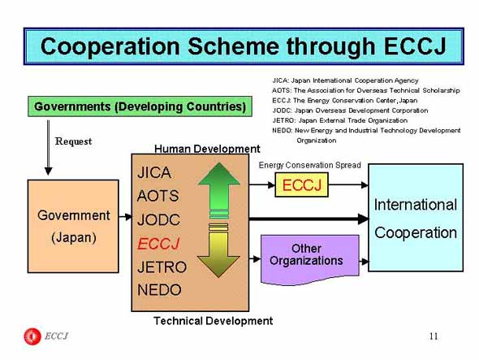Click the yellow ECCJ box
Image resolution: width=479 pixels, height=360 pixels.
click(301, 184)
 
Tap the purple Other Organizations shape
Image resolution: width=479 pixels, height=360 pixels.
click(310, 259)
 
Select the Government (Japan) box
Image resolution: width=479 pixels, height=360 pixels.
click(73, 226)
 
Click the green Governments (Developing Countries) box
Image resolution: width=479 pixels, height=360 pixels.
click(140, 106)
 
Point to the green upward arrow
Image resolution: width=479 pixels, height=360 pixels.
click(218, 190)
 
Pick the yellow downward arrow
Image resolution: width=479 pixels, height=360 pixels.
click(218, 251)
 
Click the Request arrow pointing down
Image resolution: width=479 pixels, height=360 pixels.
click(48, 148)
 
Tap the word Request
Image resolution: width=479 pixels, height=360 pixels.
click(73, 141)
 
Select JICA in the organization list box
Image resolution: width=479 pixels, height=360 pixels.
click(154, 172)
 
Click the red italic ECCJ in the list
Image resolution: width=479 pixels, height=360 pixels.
click(158, 244)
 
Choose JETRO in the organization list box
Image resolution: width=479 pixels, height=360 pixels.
click(162, 267)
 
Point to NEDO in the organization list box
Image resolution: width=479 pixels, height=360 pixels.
click(159, 289)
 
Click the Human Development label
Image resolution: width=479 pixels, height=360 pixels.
click(207, 149)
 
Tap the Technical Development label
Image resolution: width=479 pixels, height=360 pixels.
click(214, 321)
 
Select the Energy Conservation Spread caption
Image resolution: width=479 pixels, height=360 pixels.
click(310, 165)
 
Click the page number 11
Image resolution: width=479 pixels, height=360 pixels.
click(434, 336)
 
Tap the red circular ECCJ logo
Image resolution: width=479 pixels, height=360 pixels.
click(32, 336)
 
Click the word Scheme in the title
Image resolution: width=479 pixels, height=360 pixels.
click(233, 47)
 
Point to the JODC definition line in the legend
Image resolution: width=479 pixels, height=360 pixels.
click(350, 111)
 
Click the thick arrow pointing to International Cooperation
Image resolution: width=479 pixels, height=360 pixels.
click(309, 219)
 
